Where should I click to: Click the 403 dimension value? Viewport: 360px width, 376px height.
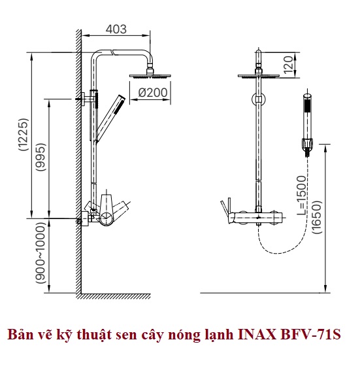pyautogui.click(x=116, y=29)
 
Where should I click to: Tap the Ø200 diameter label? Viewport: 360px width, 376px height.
pyautogui.click(x=153, y=93)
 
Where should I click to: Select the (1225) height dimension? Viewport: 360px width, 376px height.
pyautogui.click(x=24, y=134)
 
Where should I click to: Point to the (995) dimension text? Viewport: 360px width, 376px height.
pyautogui.click(x=41, y=157)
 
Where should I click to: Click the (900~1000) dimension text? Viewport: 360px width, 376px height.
pyautogui.click(x=41, y=253)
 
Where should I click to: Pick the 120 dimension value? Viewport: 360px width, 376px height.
pyautogui.click(x=288, y=65)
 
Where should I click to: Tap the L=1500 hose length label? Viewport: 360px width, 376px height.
pyautogui.click(x=302, y=196)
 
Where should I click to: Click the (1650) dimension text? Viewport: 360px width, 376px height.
pyautogui.click(x=317, y=217)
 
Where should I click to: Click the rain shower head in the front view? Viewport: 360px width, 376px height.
pyautogui.click(x=259, y=76)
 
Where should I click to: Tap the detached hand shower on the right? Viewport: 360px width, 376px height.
pyautogui.click(x=307, y=125)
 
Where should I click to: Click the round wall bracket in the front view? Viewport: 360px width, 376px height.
pyautogui.click(x=259, y=99)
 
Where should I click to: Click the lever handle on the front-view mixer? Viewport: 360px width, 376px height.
pyautogui.click(x=226, y=208)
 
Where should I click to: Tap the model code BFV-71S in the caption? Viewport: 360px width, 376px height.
pyautogui.click(x=310, y=335)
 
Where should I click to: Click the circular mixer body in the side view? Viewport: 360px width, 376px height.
pyautogui.click(x=106, y=218)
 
